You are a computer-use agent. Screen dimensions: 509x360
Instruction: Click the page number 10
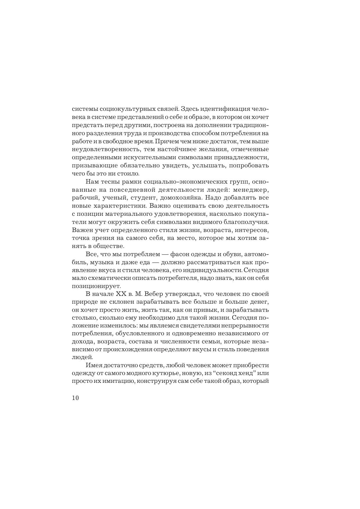coord(75,398)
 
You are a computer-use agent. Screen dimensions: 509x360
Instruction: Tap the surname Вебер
coord(152,294)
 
